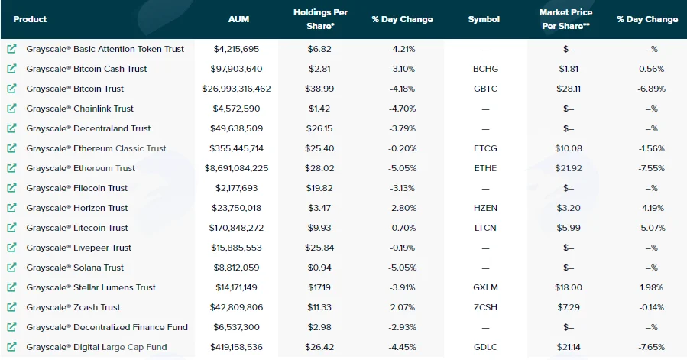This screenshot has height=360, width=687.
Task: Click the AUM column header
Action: click(238, 19)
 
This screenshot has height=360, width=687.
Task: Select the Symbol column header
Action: click(484, 19)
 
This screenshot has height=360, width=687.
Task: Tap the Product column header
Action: click(30, 19)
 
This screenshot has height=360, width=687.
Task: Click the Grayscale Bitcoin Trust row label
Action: click(75, 89)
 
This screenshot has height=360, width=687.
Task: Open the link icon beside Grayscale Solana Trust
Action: click(11, 267)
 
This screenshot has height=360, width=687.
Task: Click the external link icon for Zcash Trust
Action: click(11, 307)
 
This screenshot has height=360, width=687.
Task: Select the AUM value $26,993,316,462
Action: click(237, 89)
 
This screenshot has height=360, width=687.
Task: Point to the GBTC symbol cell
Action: click(485, 89)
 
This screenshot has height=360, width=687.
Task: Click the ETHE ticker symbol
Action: click(485, 168)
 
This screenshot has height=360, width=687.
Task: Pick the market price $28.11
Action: click(569, 89)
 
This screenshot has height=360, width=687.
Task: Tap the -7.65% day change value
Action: click(652, 347)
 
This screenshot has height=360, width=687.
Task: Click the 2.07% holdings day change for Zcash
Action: click(402, 307)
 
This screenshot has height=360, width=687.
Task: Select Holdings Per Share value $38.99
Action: click(319, 89)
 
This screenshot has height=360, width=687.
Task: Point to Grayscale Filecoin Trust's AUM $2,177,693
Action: click(237, 188)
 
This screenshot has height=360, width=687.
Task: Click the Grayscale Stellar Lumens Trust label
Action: click(91, 287)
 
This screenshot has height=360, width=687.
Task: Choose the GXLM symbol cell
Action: click(485, 287)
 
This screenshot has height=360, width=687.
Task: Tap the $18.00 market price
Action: click(569, 287)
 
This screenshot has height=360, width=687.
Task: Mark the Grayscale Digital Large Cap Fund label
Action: click(96, 347)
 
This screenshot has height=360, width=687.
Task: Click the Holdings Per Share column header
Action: click(320, 19)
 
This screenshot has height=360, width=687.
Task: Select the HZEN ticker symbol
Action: click(485, 208)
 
